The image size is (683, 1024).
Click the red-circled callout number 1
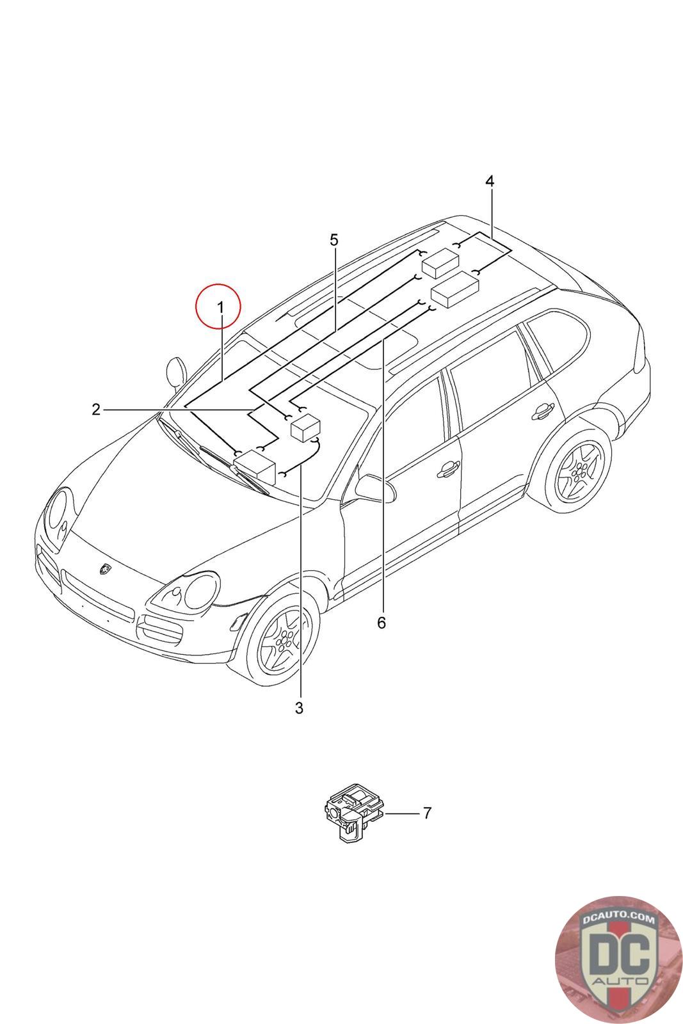click(x=220, y=308)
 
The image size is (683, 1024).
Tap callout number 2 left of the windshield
click(x=96, y=409)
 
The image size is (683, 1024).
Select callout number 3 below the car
click(x=299, y=707)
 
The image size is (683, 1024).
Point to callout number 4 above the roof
click(x=490, y=181)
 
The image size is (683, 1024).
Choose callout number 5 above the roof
click(x=333, y=240)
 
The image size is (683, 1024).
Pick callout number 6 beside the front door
click(x=382, y=622)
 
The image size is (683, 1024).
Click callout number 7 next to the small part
click(x=427, y=813)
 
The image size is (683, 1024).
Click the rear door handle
click(x=543, y=411)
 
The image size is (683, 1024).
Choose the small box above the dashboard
click(x=305, y=427)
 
